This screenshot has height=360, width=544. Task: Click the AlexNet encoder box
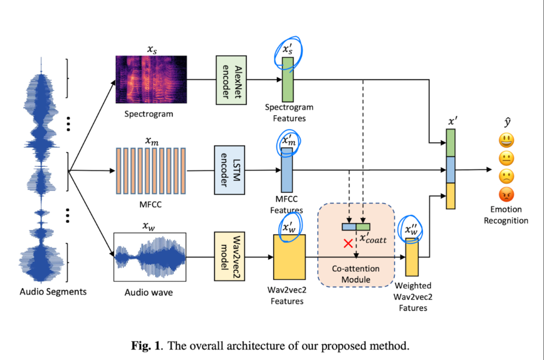point(229,79)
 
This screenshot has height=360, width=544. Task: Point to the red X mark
point(348,244)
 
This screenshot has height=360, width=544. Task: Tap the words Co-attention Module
point(355,274)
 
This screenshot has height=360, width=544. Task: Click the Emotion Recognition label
point(505,215)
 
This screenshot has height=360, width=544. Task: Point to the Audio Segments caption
point(53,291)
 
